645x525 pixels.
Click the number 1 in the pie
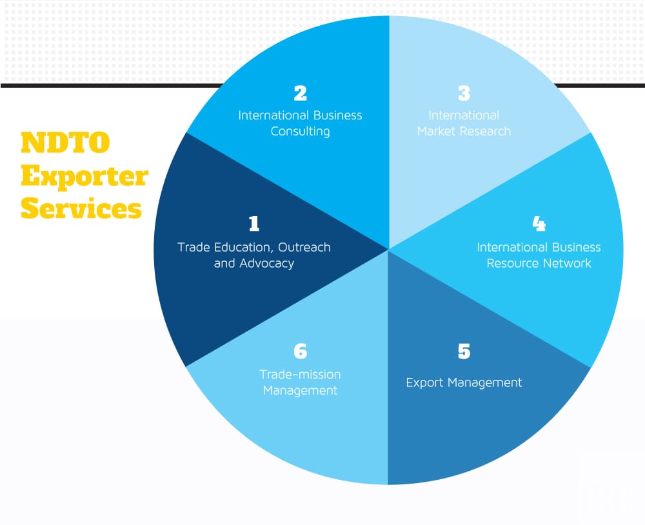tap(253, 224)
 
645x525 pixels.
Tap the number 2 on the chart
tap(300, 94)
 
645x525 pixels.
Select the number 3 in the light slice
tap(464, 94)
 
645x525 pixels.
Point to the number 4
tap(539, 224)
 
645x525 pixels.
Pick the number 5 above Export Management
tap(464, 352)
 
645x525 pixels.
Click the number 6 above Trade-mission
tap(300, 352)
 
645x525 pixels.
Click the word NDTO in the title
tap(65, 143)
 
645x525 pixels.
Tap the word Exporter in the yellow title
tap(84, 176)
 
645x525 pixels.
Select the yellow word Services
tap(81, 209)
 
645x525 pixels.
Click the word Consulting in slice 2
tap(300, 132)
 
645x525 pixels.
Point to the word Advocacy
tap(266, 263)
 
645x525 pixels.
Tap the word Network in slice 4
tap(568, 263)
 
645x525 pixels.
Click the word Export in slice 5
tap(424, 383)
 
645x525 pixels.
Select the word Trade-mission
tap(300, 375)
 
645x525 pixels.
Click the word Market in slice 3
tap(437, 132)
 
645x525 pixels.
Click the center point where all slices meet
tap(389, 249)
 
